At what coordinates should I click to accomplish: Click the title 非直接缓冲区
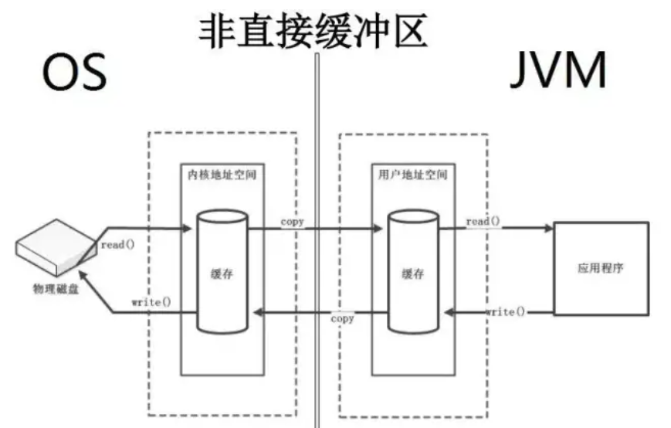coord(313,32)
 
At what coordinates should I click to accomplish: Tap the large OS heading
coord(74,73)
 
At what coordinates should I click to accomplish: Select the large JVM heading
coord(559,73)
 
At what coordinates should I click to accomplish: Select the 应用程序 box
coord(601,269)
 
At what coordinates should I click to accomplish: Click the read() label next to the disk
coord(117,245)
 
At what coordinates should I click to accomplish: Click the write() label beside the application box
coord(505,311)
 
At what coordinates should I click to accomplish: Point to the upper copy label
coord(292,222)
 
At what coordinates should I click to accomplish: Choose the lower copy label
coord(342,318)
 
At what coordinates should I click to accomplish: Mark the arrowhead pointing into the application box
coord(549,228)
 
